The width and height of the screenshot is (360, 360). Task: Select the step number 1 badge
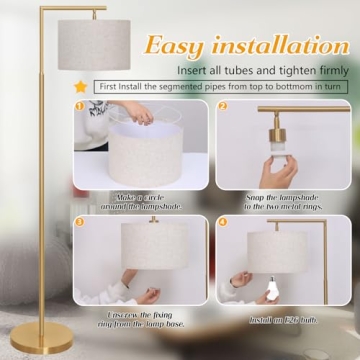(79, 105)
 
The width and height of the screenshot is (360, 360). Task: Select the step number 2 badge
(222, 105)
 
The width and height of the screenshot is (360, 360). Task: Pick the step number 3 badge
(79, 220)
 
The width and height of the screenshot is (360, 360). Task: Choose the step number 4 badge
(222, 220)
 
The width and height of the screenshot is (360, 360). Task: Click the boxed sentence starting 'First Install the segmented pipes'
(222, 86)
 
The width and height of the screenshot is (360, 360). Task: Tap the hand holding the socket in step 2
(283, 172)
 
